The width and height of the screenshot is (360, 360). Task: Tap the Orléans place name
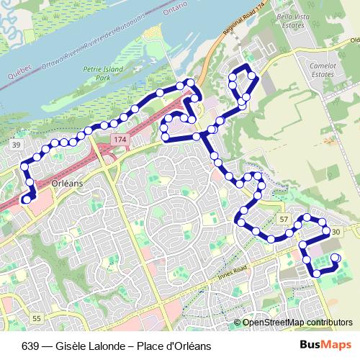tap(68, 184)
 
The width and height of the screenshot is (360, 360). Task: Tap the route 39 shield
tap(16, 145)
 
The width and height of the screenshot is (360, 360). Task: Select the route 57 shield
tap(283, 219)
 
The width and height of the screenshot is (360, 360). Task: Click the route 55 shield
tap(37, 318)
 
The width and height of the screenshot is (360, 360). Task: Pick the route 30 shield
tap(334, 230)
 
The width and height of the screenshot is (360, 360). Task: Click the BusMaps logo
tap(326, 345)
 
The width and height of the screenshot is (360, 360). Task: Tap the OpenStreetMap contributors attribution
tap(297, 323)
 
